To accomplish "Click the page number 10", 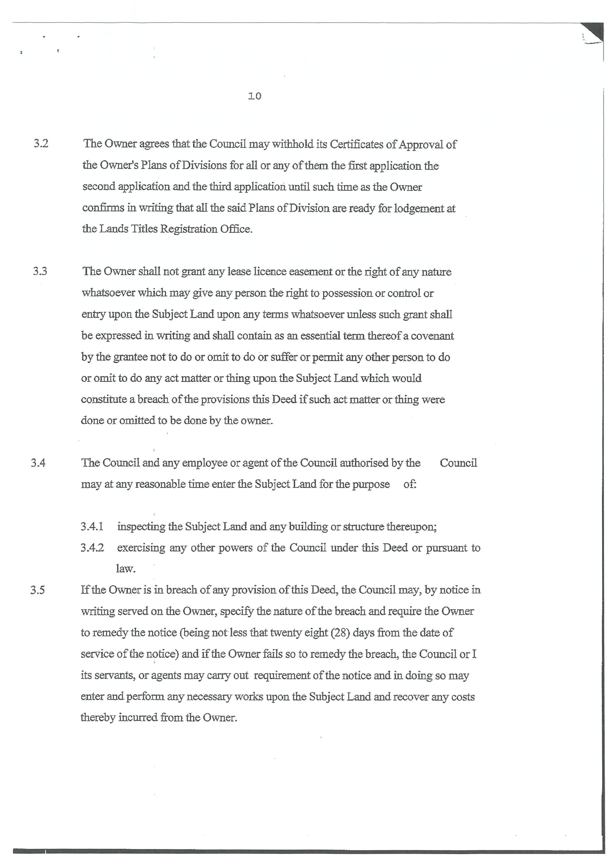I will [x=255, y=97].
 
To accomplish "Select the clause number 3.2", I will [x=41, y=144].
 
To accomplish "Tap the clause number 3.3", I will [x=40, y=271].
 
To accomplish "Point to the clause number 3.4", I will [x=39, y=463].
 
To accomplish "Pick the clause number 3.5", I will [x=38, y=590].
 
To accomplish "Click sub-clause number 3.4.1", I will [x=92, y=526].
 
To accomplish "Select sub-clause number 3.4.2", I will [x=92, y=547].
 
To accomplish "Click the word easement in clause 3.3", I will [x=310, y=272].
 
